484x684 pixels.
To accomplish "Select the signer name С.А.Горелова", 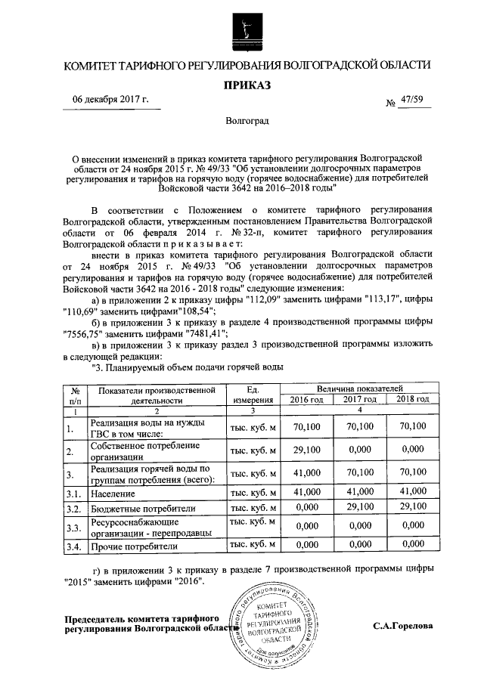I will (x=403, y=627).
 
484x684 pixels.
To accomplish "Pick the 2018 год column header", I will (x=412, y=399).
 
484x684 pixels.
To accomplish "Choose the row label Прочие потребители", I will (x=134, y=546).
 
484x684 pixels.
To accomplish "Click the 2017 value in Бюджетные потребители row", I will (x=360, y=507).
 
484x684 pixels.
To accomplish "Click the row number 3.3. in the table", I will (x=73, y=527).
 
